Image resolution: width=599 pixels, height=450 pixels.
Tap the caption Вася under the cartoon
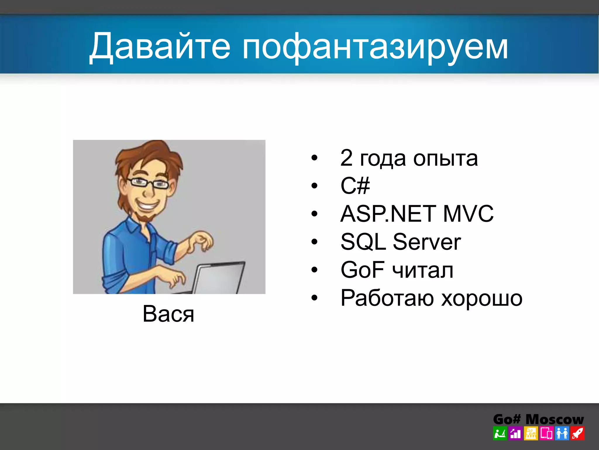click(168, 314)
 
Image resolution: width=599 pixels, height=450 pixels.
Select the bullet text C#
click(355, 185)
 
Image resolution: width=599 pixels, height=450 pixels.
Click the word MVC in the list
click(468, 214)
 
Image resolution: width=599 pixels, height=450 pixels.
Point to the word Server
click(427, 242)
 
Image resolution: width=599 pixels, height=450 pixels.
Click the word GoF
click(362, 270)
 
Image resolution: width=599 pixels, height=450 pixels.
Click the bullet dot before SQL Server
click(314, 242)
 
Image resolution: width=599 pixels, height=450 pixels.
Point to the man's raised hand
click(202, 240)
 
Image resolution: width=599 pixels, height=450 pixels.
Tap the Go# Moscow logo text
click(538, 419)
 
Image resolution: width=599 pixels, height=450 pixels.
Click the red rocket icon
click(577, 434)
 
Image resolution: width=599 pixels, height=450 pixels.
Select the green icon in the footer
click(500, 434)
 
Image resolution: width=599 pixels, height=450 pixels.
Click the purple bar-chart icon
click(515, 434)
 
